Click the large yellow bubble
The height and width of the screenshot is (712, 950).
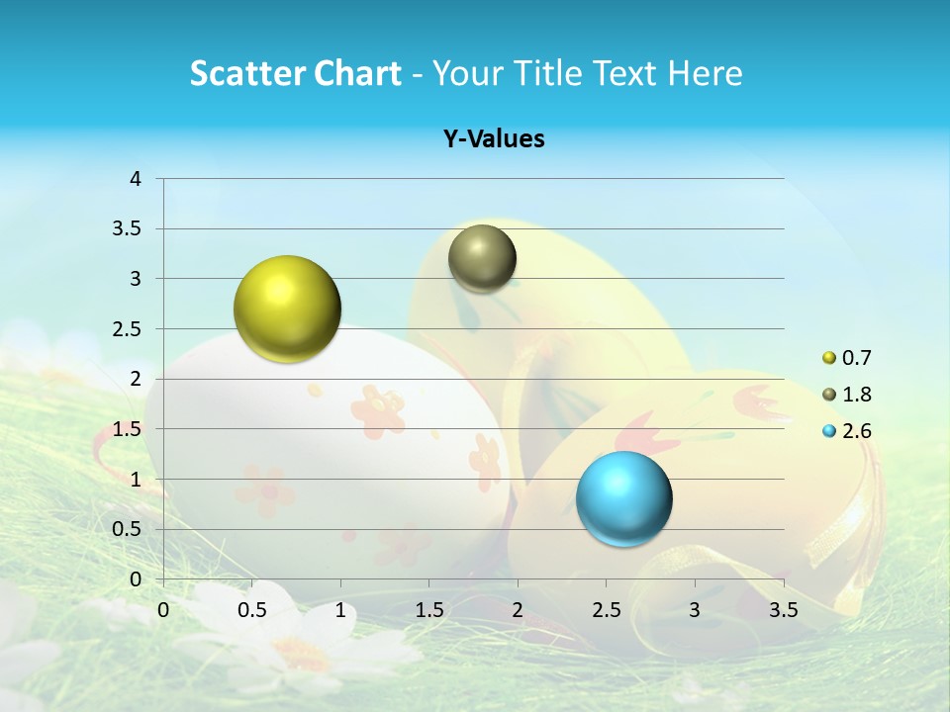point(287,309)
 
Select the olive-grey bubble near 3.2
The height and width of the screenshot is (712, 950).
point(482,258)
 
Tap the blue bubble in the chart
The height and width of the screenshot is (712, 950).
point(623,498)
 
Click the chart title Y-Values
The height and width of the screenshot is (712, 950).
point(494,139)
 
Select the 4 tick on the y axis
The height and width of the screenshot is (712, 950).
point(137,179)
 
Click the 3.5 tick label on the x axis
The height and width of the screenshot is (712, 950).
point(784,610)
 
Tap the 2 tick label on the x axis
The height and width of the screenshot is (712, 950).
point(518,610)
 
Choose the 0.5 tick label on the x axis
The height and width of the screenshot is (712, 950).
point(252,610)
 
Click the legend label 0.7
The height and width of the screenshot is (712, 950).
point(857,358)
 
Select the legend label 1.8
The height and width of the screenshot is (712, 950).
point(857,395)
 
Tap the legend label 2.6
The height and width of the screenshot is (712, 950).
point(857,431)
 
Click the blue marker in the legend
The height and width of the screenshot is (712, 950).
point(829,431)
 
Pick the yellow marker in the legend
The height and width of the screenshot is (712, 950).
point(829,358)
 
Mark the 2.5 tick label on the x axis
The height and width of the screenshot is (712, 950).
point(606,610)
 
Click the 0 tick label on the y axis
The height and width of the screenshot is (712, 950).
point(137,579)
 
